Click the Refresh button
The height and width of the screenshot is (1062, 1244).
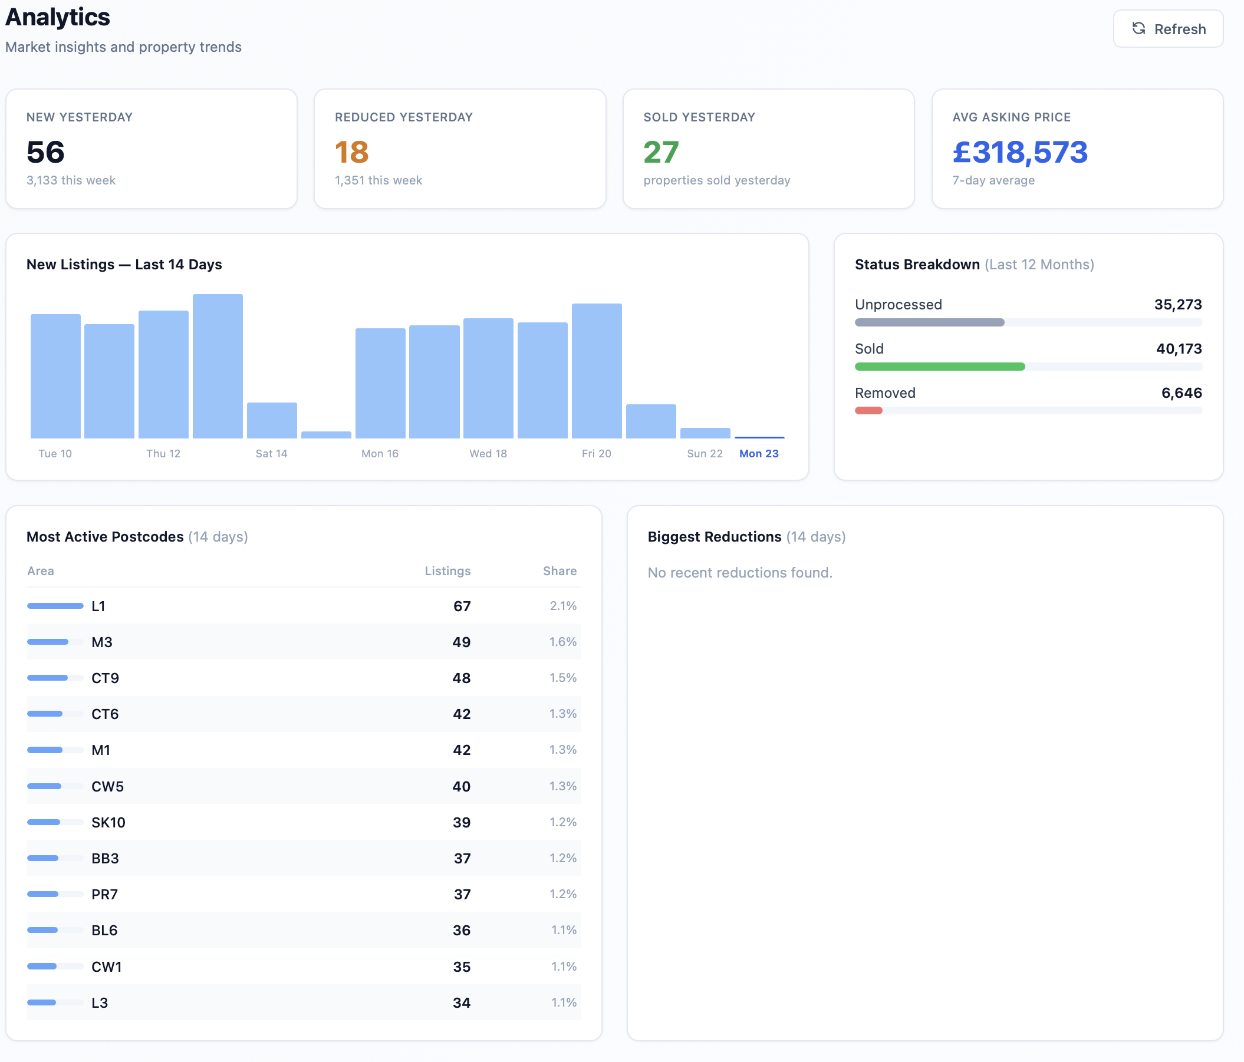[1168, 29]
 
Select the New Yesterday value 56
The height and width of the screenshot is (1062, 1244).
[45, 153]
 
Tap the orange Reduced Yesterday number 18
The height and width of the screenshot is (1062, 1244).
[352, 153]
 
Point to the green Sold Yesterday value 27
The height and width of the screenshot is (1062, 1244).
[661, 153]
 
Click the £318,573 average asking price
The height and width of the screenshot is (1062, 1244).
[1019, 153]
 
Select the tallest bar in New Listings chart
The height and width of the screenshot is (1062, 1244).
[218, 366]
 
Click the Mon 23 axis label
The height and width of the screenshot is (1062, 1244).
[759, 454]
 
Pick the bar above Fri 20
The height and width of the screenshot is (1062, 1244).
[596, 371]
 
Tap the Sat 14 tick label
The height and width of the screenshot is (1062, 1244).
[271, 454]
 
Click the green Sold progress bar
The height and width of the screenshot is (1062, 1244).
[940, 367]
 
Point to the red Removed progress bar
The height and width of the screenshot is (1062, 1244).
[869, 411]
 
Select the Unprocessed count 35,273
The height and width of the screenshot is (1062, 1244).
[1177, 305]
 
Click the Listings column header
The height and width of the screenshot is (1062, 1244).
[447, 571]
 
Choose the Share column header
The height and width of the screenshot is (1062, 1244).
[560, 571]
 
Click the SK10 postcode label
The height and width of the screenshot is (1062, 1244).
[108, 823]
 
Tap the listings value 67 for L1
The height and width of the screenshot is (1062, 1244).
[462, 606]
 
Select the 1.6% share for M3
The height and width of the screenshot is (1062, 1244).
[562, 642]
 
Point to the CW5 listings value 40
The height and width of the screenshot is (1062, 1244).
[461, 787]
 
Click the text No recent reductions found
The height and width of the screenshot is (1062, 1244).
[740, 573]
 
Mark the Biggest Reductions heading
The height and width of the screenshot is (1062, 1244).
[715, 537]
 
